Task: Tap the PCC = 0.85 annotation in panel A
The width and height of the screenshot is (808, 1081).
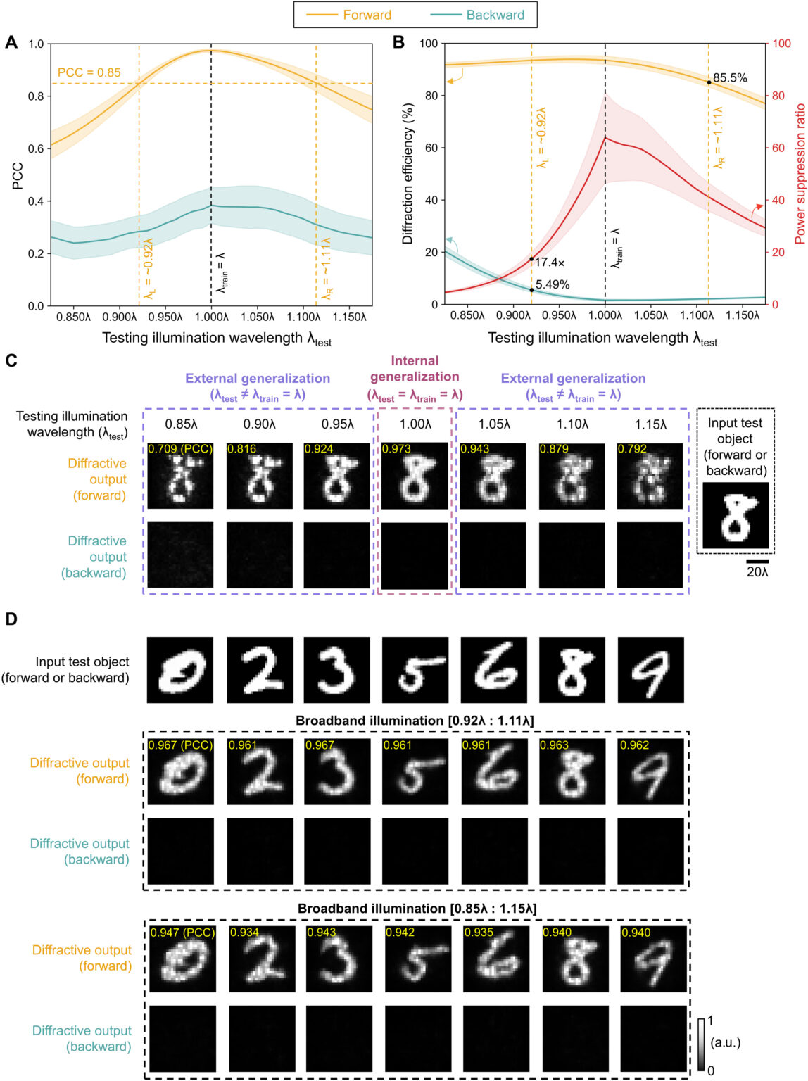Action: click(89, 72)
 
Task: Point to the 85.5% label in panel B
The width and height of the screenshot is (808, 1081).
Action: click(730, 78)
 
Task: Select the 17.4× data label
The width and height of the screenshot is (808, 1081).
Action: click(550, 263)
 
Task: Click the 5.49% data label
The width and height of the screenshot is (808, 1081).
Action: click(553, 284)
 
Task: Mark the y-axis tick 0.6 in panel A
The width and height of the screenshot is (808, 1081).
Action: click(36, 148)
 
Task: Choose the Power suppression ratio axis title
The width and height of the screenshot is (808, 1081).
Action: click(800, 174)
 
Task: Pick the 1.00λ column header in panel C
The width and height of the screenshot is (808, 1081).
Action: click(415, 424)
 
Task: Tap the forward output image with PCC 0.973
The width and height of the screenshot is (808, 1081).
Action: click(415, 476)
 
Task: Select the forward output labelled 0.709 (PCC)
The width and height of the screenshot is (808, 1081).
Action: click(180, 476)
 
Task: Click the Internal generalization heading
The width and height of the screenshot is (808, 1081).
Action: click(415, 369)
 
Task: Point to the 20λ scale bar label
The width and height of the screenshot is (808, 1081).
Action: click(757, 572)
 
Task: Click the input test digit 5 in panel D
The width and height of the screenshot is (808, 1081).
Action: click(415, 670)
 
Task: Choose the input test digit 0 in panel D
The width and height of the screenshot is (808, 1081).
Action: click(180, 670)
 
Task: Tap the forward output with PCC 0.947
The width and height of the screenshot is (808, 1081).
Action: click(182, 959)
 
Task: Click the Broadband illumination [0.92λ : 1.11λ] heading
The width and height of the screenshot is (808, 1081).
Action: click(415, 721)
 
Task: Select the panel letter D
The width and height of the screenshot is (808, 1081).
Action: click(11, 619)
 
